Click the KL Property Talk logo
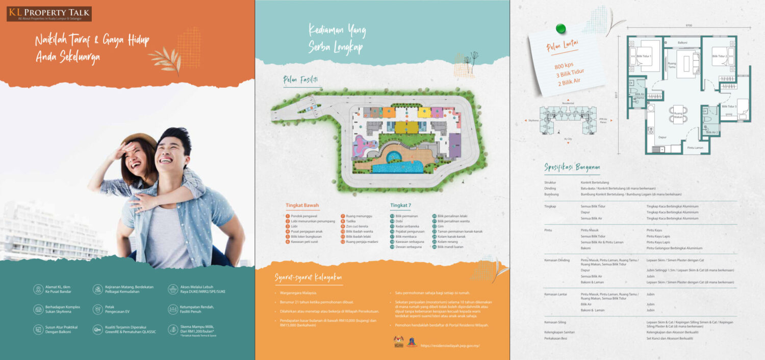49,14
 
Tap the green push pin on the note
561,28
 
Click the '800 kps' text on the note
564,65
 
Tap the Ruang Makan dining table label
678,115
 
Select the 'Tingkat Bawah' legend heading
302,206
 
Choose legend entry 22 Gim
442,226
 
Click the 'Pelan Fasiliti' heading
300,79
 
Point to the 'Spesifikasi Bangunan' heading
572,167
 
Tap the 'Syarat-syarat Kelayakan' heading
309,277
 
